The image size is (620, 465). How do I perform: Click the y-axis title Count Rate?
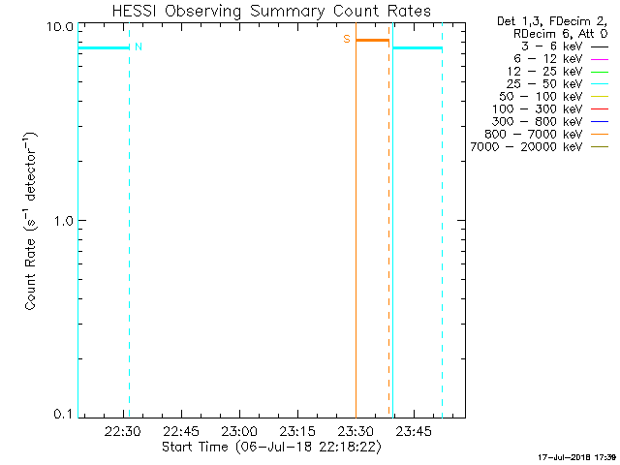coord(32,221)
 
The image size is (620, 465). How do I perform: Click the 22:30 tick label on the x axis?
coord(124,431)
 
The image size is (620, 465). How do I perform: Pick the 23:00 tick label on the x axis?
coord(240,431)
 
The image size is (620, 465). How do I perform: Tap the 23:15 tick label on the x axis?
coord(298,431)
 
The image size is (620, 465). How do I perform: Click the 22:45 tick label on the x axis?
coord(182,431)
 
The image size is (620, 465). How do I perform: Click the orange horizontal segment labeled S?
coord(372,40)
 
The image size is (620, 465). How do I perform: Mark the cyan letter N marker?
coord(138,47)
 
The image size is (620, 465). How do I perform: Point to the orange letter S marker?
coord(347,40)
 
